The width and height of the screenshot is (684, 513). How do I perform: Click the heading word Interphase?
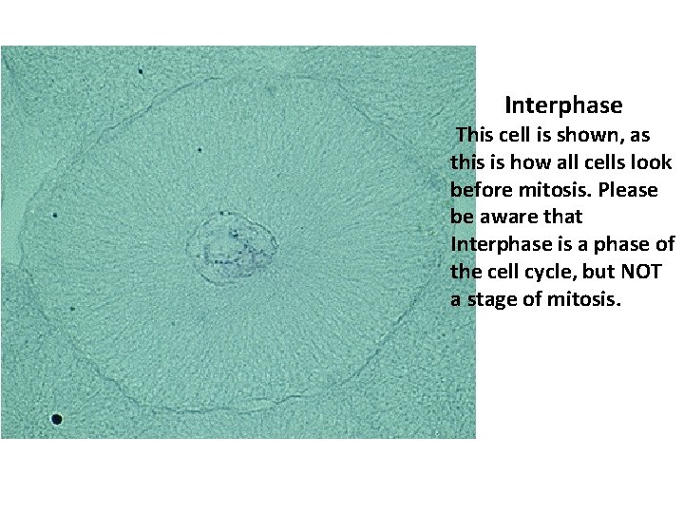563,104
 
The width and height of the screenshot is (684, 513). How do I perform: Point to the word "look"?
651,162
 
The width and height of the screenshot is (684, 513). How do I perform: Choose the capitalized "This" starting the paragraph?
475,135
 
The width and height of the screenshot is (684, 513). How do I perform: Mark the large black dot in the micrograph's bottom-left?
57,418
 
